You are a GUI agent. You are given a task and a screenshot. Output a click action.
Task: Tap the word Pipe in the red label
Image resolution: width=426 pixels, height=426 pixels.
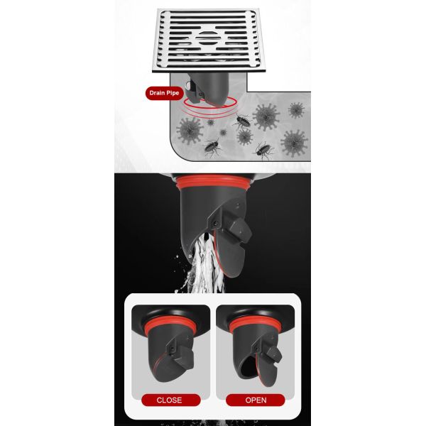click(x=174, y=92)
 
